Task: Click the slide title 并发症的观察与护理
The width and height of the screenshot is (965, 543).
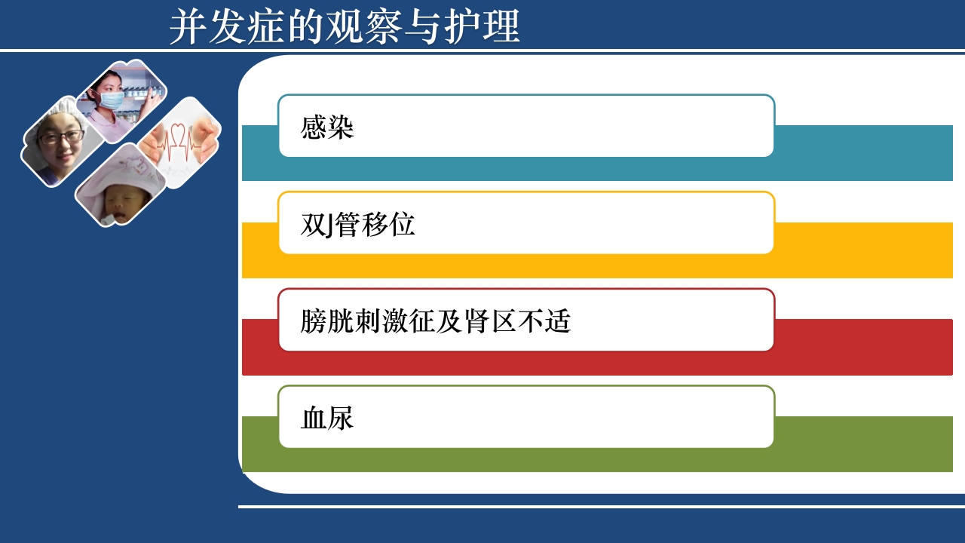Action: point(345,27)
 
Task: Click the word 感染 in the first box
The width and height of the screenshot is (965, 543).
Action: point(327,127)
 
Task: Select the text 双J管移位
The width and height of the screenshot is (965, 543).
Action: point(357,225)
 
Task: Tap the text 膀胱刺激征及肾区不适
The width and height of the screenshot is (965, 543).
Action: point(435,321)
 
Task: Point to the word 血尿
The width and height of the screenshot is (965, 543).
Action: point(327,418)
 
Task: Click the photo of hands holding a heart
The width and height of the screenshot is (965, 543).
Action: point(181,143)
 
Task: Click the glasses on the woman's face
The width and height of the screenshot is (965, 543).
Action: point(62,137)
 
